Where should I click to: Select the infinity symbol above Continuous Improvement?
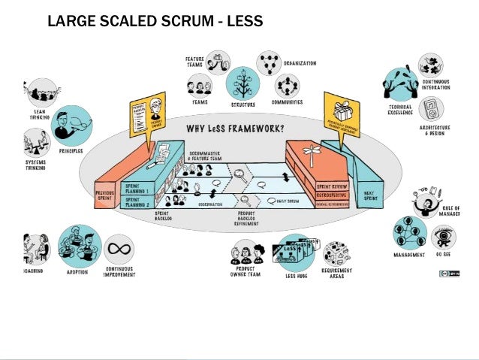pos(119,249)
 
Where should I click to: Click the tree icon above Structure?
pos(242,82)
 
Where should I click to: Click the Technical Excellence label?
pos(400,110)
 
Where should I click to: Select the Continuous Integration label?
pos(436,85)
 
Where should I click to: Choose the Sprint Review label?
pos(330,185)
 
